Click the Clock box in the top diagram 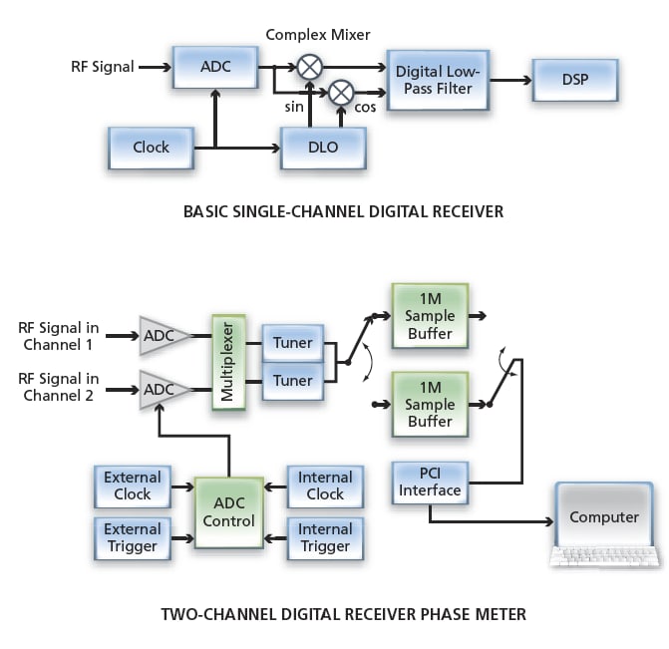(151, 148)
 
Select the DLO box (323, 148)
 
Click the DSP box (574, 80)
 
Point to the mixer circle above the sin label (311, 67)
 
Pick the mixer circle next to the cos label (341, 92)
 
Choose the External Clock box (132, 486)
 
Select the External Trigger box (132, 537)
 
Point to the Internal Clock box (325, 486)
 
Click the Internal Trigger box (325, 537)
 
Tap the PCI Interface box (429, 482)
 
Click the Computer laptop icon (604, 523)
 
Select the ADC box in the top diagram (215, 68)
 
